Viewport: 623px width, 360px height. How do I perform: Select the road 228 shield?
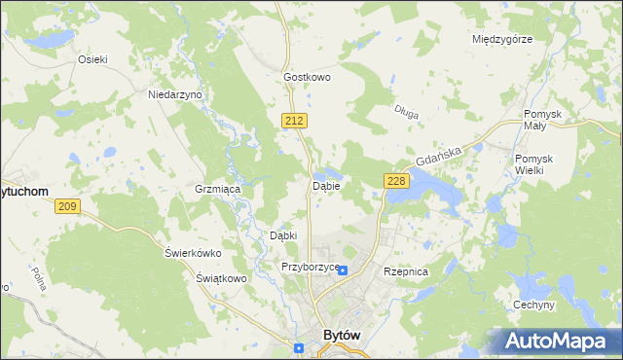[x=396, y=182]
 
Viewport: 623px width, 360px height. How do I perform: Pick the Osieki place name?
[x=92, y=58]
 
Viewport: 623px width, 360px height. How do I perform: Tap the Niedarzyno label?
[x=174, y=94]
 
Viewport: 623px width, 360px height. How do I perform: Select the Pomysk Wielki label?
[x=535, y=164]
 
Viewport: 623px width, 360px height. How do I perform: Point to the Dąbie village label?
[x=325, y=185]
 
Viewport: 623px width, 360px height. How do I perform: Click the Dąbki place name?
[x=282, y=234]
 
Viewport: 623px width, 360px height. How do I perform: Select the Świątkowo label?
[x=218, y=277]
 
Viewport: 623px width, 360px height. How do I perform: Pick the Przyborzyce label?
[x=310, y=267]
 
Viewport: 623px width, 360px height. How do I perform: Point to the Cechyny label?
[x=533, y=306]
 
